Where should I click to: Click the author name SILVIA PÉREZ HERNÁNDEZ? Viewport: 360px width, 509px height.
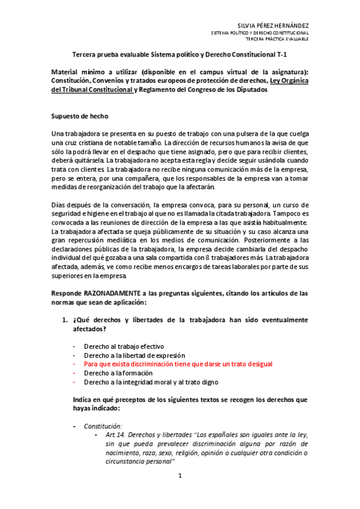point(274,25)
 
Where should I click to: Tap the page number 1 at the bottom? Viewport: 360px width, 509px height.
point(179,475)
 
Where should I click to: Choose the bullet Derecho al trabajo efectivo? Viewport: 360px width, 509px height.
point(124,346)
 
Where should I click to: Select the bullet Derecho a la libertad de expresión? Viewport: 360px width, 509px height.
point(134,355)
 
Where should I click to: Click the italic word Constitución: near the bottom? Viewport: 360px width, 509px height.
point(103,426)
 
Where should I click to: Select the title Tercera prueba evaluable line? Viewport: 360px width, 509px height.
point(179,53)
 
